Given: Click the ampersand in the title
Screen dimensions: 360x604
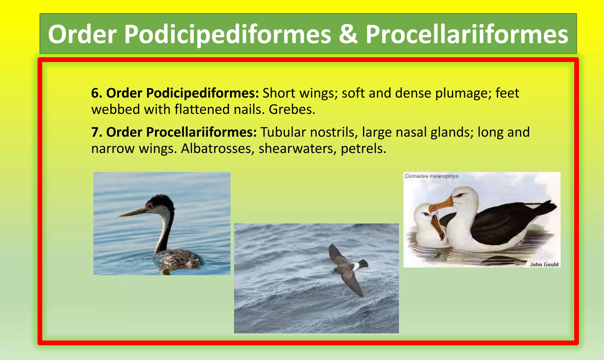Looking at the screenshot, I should (348, 34).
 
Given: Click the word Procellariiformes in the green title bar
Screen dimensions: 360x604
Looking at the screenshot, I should (467, 34).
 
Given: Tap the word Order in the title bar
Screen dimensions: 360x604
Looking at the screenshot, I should (82, 34).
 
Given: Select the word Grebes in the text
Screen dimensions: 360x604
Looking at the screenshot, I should (292, 110).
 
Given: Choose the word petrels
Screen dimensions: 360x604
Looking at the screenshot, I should (363, 149).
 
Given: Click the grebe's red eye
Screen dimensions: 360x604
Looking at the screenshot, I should (150, 206).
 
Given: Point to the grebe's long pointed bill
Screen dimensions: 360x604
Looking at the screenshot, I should (133, 213).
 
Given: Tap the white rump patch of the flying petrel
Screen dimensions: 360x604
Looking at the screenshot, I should (357, 266).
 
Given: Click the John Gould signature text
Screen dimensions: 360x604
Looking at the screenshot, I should (544, 264).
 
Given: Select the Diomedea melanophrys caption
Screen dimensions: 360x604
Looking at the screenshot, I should (431, 176).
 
